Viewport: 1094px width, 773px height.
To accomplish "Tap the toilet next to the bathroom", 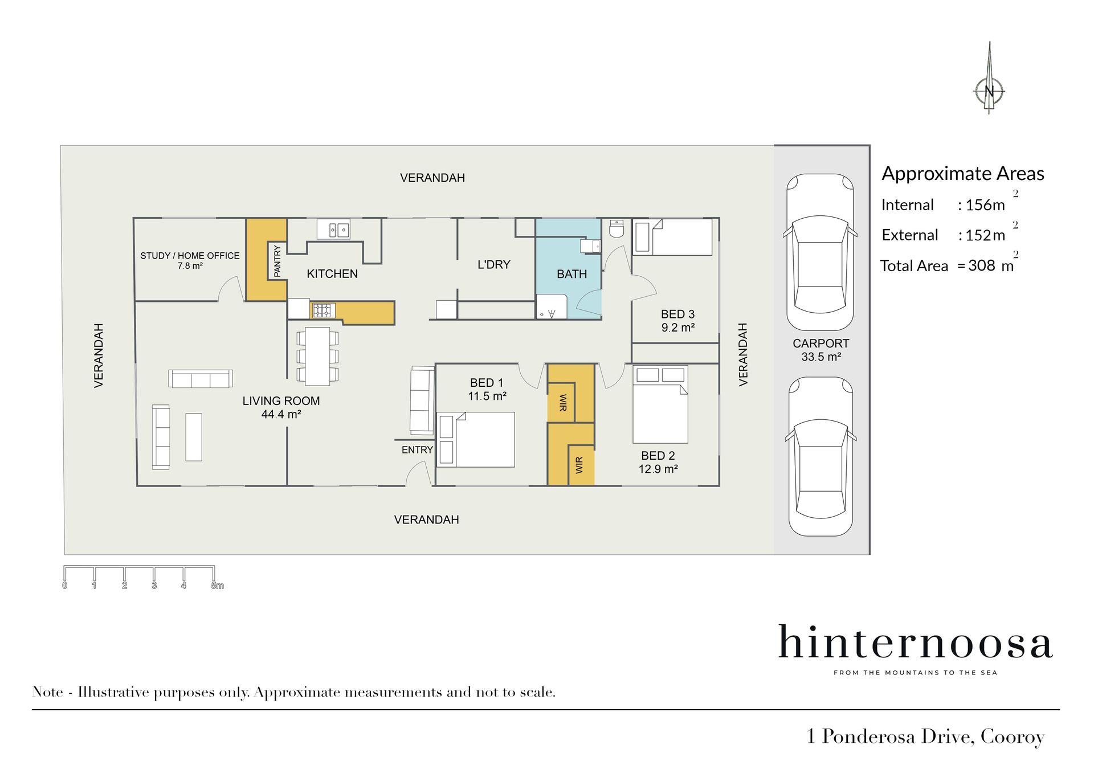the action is point(617,228).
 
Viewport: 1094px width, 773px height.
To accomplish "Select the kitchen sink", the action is point(333,230).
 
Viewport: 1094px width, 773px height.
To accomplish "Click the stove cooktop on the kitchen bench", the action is point(322,310).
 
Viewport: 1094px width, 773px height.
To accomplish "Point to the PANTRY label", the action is point(277,261).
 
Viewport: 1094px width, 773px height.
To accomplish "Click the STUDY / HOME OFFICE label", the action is point(190,256).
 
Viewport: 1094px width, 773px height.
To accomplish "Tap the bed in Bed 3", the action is point(673,236).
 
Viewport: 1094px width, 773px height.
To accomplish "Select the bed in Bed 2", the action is point(660,404).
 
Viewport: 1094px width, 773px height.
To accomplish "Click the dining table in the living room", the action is point(317,356).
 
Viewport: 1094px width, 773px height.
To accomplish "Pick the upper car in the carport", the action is point(820,252).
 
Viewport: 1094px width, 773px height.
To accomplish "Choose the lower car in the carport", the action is point(820,456).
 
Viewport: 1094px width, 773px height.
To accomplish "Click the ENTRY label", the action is point(417,450).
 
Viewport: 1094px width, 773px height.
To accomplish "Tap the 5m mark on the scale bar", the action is point(217,586).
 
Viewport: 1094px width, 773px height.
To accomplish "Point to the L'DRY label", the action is point(493,264).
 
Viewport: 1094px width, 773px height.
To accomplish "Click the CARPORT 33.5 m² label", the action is point(821,350).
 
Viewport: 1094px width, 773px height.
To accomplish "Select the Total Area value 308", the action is point(982,265).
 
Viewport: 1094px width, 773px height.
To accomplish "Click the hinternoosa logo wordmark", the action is point(915,642).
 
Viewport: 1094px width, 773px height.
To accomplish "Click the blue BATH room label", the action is point(572,274).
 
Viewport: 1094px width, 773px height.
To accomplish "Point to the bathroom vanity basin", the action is point(590,246).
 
